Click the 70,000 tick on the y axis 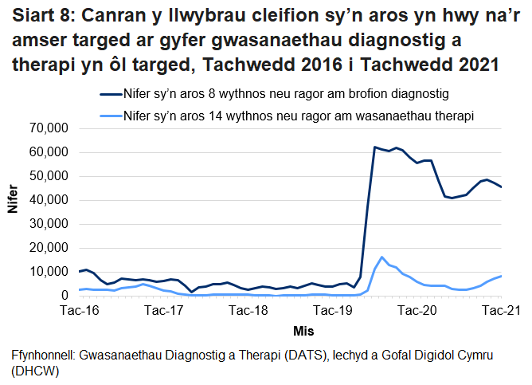pyautogui.click(x=49, y=128)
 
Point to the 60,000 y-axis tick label pyautogui.click(x=49, y=152)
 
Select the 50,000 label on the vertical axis pyautogui.click(x=49, y=176)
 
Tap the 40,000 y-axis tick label pyautogui.click(x=49, y=200)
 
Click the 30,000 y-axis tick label pyautogui.click(x=49, y=224)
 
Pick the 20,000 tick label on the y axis pyautogui.click(x=49, y=248)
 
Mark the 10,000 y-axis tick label pyautogui.click(x=49, y=272)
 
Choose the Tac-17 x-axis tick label pyautogui.click(x=164, y=310)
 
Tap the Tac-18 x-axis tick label pyautogui.click(x=248, y=310)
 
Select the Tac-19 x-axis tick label pyautogui.click(x=332, y=310)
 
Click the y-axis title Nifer pyautogui.click(x=12, y=212)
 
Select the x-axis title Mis pyautogui.click(x=289, y=328)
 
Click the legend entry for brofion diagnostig pyautogui.click(x=287, y=94)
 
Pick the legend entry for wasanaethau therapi pyautogui.click(x=299, y=115)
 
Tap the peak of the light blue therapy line pyautogui.click(x=382, y=257)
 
